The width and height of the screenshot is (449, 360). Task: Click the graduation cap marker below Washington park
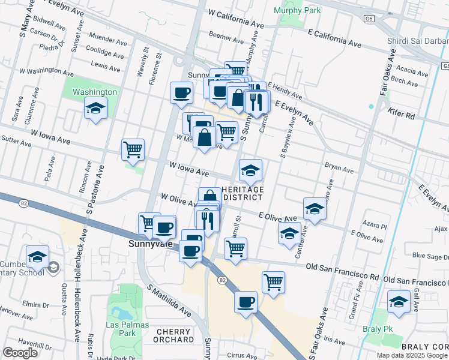[95, 109]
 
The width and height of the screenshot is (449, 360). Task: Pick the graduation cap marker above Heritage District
[250, 171]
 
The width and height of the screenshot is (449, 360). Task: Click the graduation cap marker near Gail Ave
[399, 302]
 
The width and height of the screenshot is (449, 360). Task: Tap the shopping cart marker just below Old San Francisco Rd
[273, 281]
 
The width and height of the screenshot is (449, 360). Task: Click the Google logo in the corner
[20, 353]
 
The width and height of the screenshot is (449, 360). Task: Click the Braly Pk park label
[377, 329]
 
